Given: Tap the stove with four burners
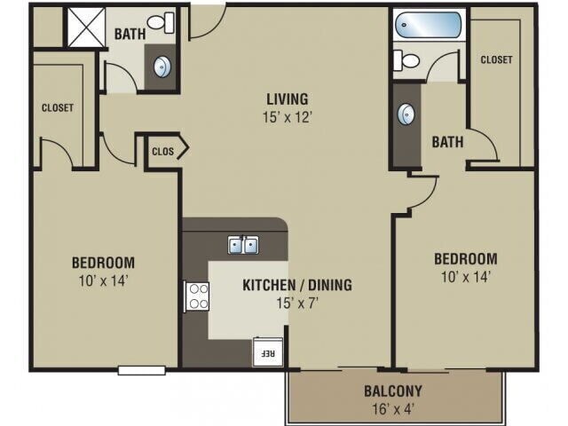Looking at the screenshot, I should pyautogui.click(x=196, y=296).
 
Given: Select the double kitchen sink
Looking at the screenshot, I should pyautogui.click(x=242, y=244).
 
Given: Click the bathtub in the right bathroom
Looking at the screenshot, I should pyautogui.click(x=429, y=24).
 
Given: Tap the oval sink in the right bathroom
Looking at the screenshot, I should pyautogui.click(x=406, y=114).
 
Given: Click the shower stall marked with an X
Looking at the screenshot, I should pyautogui.click(x=84, y=27).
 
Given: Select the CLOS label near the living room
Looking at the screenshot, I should pyautogui.click(x=163, y=151).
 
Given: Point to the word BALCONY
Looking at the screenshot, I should pyautogui.click(x=392, y=390).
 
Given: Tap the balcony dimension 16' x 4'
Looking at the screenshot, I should pyautogui.click(x=392, y=409).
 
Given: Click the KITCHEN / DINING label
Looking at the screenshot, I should pyautogui.click(x=297, y=285).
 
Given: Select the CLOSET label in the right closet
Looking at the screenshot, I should pyautogui.click(x=496, y=60).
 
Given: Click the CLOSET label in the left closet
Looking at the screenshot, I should pyautogui.click(x=58, y=108).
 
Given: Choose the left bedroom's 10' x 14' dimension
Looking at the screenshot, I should pyautogui.click(x=103, y=281).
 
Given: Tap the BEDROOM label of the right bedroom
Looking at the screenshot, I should pyautogui.click(x=465, y=259).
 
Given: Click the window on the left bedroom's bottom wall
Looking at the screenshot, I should pyautogui.click(x=141, y=370).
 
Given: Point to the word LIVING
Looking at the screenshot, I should pyautogui.click(x=286, y=98).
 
